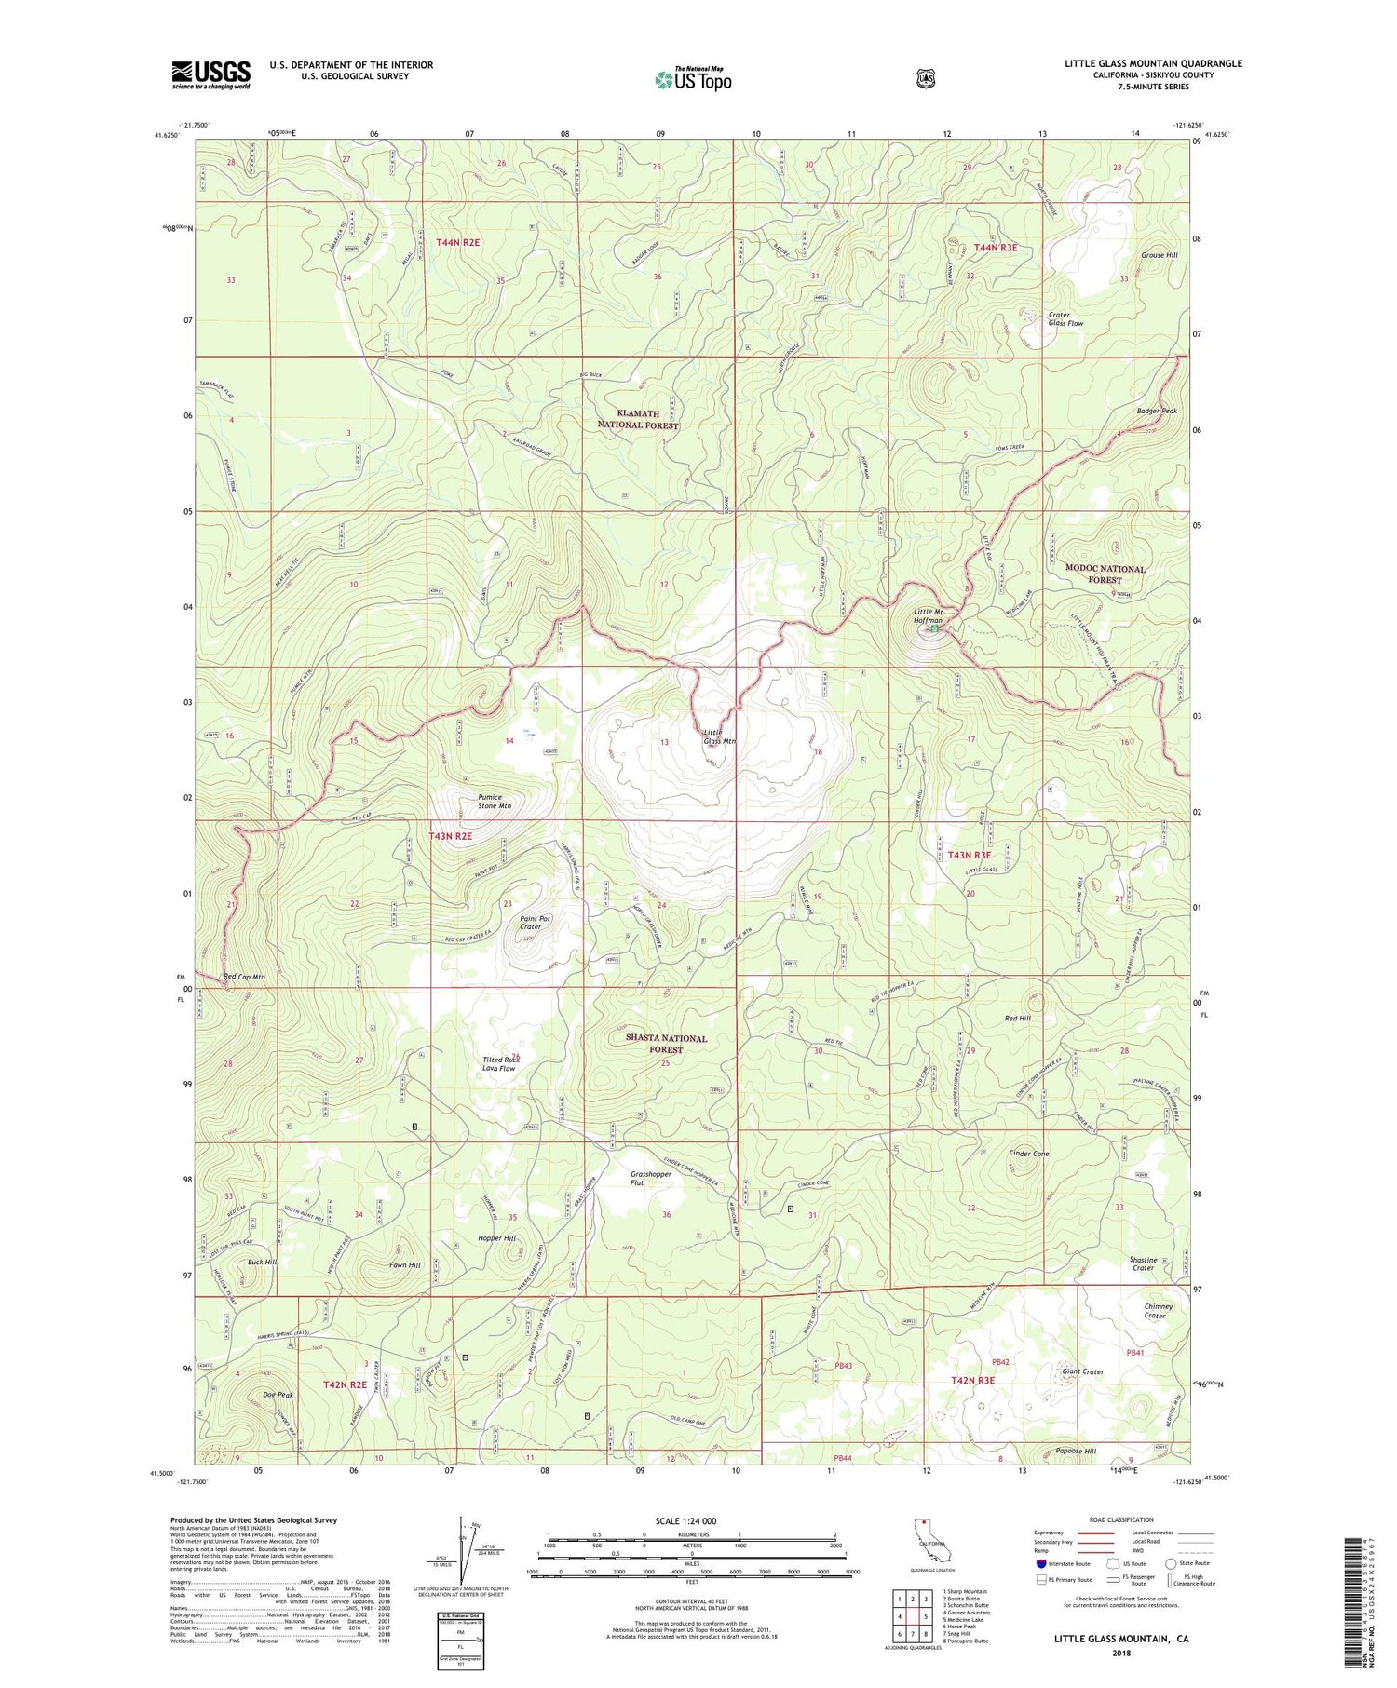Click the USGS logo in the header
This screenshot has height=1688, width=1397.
coord(210,74)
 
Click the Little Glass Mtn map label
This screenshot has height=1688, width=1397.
coord(719,736)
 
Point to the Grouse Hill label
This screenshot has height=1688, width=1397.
coord(1160,255)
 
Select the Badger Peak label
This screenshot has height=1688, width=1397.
coord(1157,411)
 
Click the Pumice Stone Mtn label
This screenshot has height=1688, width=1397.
coord(501,802)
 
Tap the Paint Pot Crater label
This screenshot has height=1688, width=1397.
coord(536,923)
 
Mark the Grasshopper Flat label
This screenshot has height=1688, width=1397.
coord(650,1178)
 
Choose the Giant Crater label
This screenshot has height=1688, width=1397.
coord(1082,1371)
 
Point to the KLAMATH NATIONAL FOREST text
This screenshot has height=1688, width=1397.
coord(638,419)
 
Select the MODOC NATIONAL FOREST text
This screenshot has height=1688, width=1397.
coord(1105,574)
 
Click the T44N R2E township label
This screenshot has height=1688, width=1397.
coord(458,242)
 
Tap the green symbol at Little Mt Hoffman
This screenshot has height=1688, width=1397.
coord(934,630)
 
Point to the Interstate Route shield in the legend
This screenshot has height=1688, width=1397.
coord(1040,1564)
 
